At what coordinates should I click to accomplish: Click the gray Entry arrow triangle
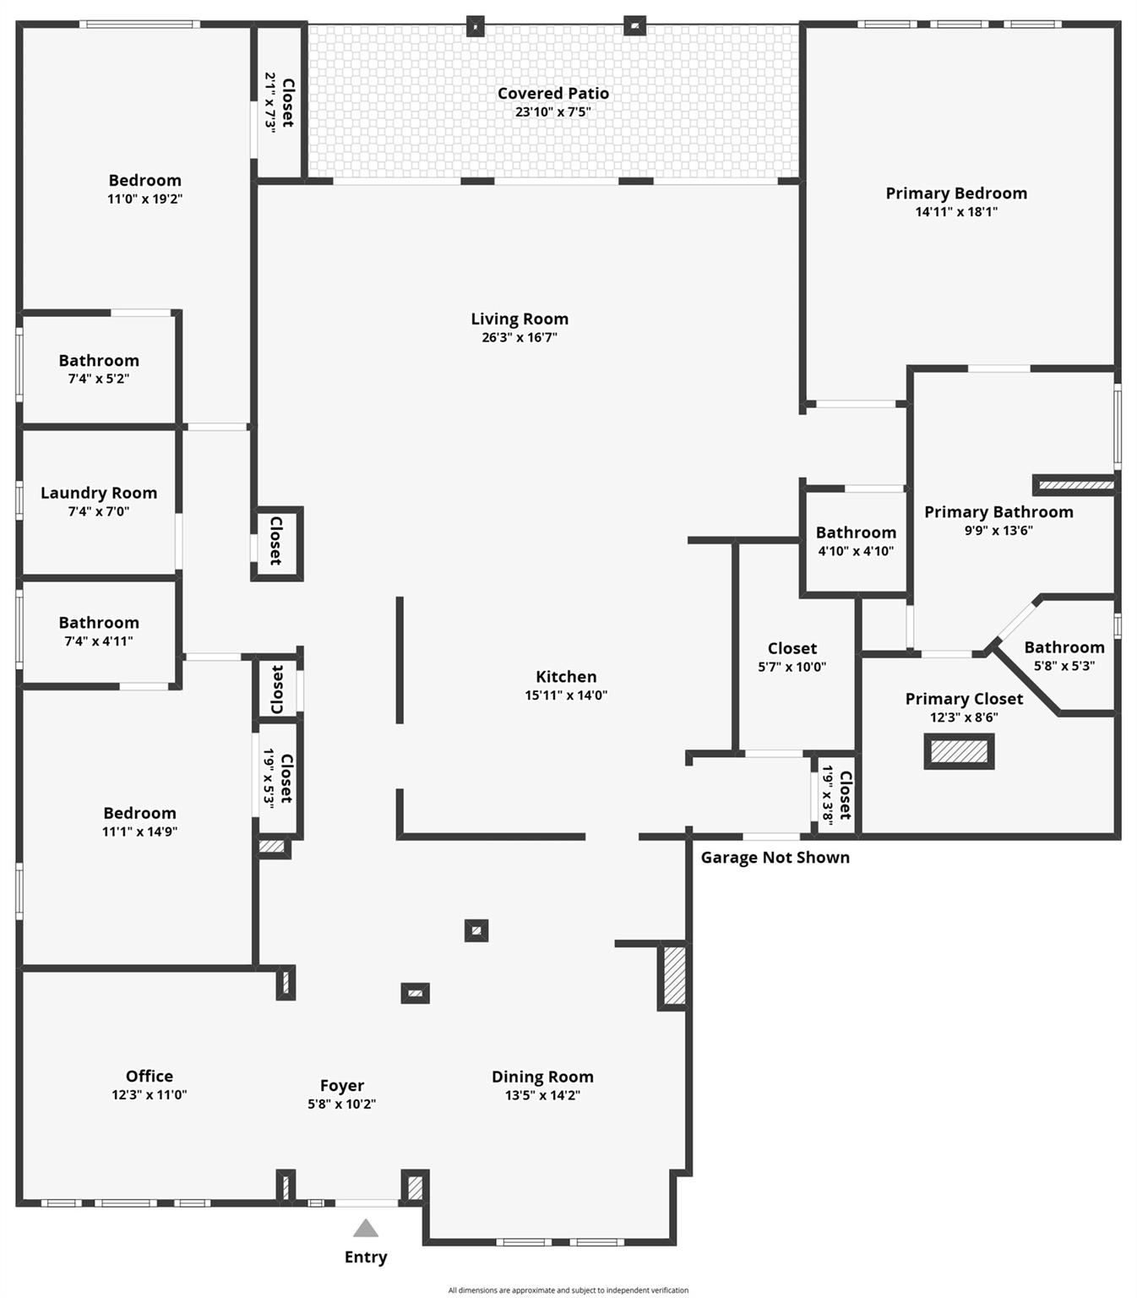point(365,1229)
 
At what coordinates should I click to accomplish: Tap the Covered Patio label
point(552,94)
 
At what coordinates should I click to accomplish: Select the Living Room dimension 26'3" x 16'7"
point(520,337)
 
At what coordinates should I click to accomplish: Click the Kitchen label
point(566,677)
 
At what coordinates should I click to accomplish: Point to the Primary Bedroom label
point(956,194)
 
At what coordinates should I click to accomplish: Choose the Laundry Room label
point(99,494)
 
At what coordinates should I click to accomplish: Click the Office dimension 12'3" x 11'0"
point(150,1094)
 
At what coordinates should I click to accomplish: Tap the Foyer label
point(342,1086)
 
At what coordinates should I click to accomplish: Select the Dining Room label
point(542,1077)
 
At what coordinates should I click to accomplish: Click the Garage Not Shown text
point(775,858)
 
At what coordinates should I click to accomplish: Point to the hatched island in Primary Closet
point(959,751)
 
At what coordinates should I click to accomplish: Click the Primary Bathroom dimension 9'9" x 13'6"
point(998,531)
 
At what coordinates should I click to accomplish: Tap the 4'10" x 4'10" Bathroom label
point(856,533)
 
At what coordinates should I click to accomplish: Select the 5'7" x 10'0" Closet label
point(792,649)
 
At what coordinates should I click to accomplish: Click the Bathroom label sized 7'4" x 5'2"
point(99,361)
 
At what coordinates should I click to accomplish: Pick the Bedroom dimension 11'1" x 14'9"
point(139,832)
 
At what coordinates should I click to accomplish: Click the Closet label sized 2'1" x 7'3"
point(287,102)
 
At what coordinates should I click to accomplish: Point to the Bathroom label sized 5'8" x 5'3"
point(1064,648)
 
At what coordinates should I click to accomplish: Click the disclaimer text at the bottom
point(568,1290)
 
